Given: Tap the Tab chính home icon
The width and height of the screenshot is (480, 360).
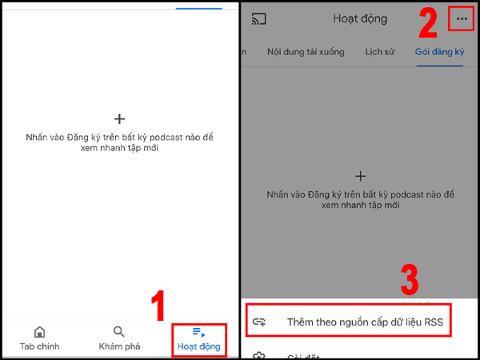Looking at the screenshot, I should pos(39,332).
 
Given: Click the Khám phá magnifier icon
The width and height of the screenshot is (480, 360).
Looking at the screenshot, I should pos(118,332).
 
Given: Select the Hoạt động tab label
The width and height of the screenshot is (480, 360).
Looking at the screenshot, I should pos(198,346).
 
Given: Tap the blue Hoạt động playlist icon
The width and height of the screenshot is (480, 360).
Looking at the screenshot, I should pos(199,332).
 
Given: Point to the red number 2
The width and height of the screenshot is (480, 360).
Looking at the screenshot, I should pos(428,24).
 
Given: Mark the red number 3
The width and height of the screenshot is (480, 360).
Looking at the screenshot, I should pos(409,280).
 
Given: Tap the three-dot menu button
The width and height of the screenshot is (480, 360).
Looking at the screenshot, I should pos(462,18).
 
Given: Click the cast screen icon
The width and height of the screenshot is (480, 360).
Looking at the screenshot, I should pos(258,18).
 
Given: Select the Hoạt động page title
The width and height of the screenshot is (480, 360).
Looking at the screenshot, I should pos(360,18).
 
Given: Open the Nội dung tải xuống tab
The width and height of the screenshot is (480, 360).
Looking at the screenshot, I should pos(306,52).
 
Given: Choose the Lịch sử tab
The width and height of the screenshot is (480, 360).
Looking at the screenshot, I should pos(380,52).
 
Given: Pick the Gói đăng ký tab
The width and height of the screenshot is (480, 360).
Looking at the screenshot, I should pos(440,52).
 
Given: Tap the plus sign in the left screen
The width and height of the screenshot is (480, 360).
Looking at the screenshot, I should pos(119,119).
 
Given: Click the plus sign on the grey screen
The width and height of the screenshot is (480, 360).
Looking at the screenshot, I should pos(360,176).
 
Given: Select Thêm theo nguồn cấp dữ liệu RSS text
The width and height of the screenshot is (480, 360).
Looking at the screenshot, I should pos(364,322).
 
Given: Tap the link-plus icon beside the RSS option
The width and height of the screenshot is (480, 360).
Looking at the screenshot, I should pos(258,322).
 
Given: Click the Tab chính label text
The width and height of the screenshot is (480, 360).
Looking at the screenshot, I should pos(39,346).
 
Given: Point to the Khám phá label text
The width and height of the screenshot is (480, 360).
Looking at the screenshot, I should pos(118,346).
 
